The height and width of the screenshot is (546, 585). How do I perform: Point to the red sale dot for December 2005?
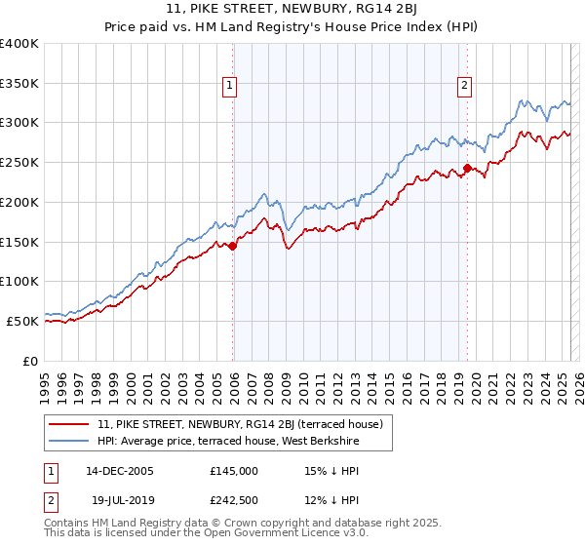click(233, 246)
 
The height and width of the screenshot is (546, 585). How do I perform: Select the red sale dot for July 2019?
click(467, 169)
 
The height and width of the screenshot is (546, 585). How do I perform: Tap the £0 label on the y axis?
click(32, 361)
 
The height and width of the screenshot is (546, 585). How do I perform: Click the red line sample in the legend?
click(69, 424)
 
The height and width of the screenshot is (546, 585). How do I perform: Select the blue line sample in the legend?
click(69, 441)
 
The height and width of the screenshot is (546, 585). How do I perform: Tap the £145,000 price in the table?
click(234, 470)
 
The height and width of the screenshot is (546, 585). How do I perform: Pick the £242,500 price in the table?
click(234, 501)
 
